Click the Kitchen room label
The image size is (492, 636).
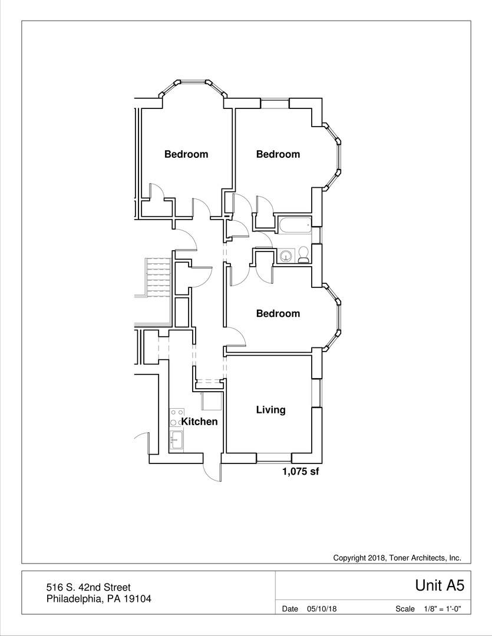pos(199,422)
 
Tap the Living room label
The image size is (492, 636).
pos(270,410)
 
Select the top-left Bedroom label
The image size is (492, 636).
pos(186,154)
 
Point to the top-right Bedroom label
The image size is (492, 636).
pos(278,154)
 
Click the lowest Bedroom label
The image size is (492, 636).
pos(278,313)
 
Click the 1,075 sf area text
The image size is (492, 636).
pos(301,471)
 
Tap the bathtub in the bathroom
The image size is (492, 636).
pos(293,224)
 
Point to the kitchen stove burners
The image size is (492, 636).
pos(176,418)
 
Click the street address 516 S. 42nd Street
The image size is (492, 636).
pos(88,587)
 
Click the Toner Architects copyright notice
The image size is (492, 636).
pos(397,558)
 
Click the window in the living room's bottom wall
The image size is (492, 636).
pos(275,457)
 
